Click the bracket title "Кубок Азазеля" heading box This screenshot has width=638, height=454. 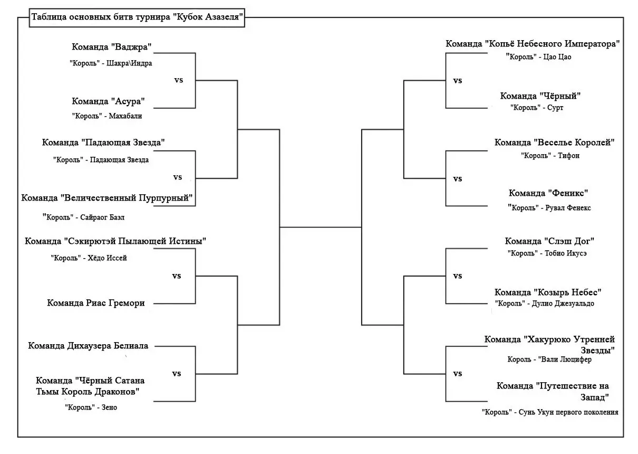pos(137,17)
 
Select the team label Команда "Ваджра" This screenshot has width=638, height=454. pos(111,47)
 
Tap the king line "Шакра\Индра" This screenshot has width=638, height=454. pos(111,63)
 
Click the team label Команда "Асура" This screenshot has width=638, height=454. pos(108,101)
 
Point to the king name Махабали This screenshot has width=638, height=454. pos(125,116)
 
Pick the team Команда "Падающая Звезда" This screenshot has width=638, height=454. pos(103,143)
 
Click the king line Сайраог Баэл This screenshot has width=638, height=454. pos(83,217)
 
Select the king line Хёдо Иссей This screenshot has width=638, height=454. pos(89,258)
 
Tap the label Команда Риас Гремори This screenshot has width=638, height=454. pos(96,303)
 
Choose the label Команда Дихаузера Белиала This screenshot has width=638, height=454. pos(88,346)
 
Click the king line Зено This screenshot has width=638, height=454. pos(91,407)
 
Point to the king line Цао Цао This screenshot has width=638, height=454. pos(538,57)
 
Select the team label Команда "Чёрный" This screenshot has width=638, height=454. pos(540,96)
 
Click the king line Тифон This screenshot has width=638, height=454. pos(550,155)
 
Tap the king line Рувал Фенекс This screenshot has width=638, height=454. pos(549,207)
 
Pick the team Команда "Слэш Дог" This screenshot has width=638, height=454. pos(549,241)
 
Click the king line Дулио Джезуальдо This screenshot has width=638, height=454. pos(544,303)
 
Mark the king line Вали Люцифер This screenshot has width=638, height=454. pos(549,360)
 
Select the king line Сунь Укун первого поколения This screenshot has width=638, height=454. pos(550,412)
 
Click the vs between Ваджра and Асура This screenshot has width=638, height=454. pos(179,80)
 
